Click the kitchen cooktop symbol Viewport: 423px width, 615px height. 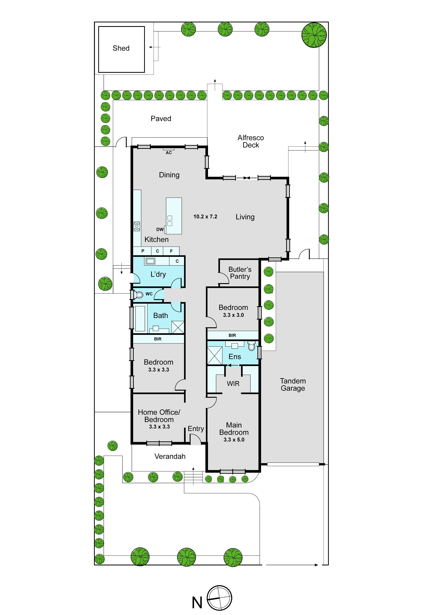tap(137, 226)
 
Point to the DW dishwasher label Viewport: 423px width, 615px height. tap(160, 229)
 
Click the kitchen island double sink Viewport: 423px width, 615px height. tap(170, 221)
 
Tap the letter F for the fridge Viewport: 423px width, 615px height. tap(171, 251)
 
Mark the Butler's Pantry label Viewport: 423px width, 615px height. tap(240, 273)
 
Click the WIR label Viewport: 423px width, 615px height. tap(233, 384)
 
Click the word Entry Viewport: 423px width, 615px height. tap(196, 429)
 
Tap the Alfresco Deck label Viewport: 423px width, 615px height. tap(251, 141)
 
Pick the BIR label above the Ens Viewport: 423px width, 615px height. tap(232, 335)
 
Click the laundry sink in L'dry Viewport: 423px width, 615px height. tap(151, 261)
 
